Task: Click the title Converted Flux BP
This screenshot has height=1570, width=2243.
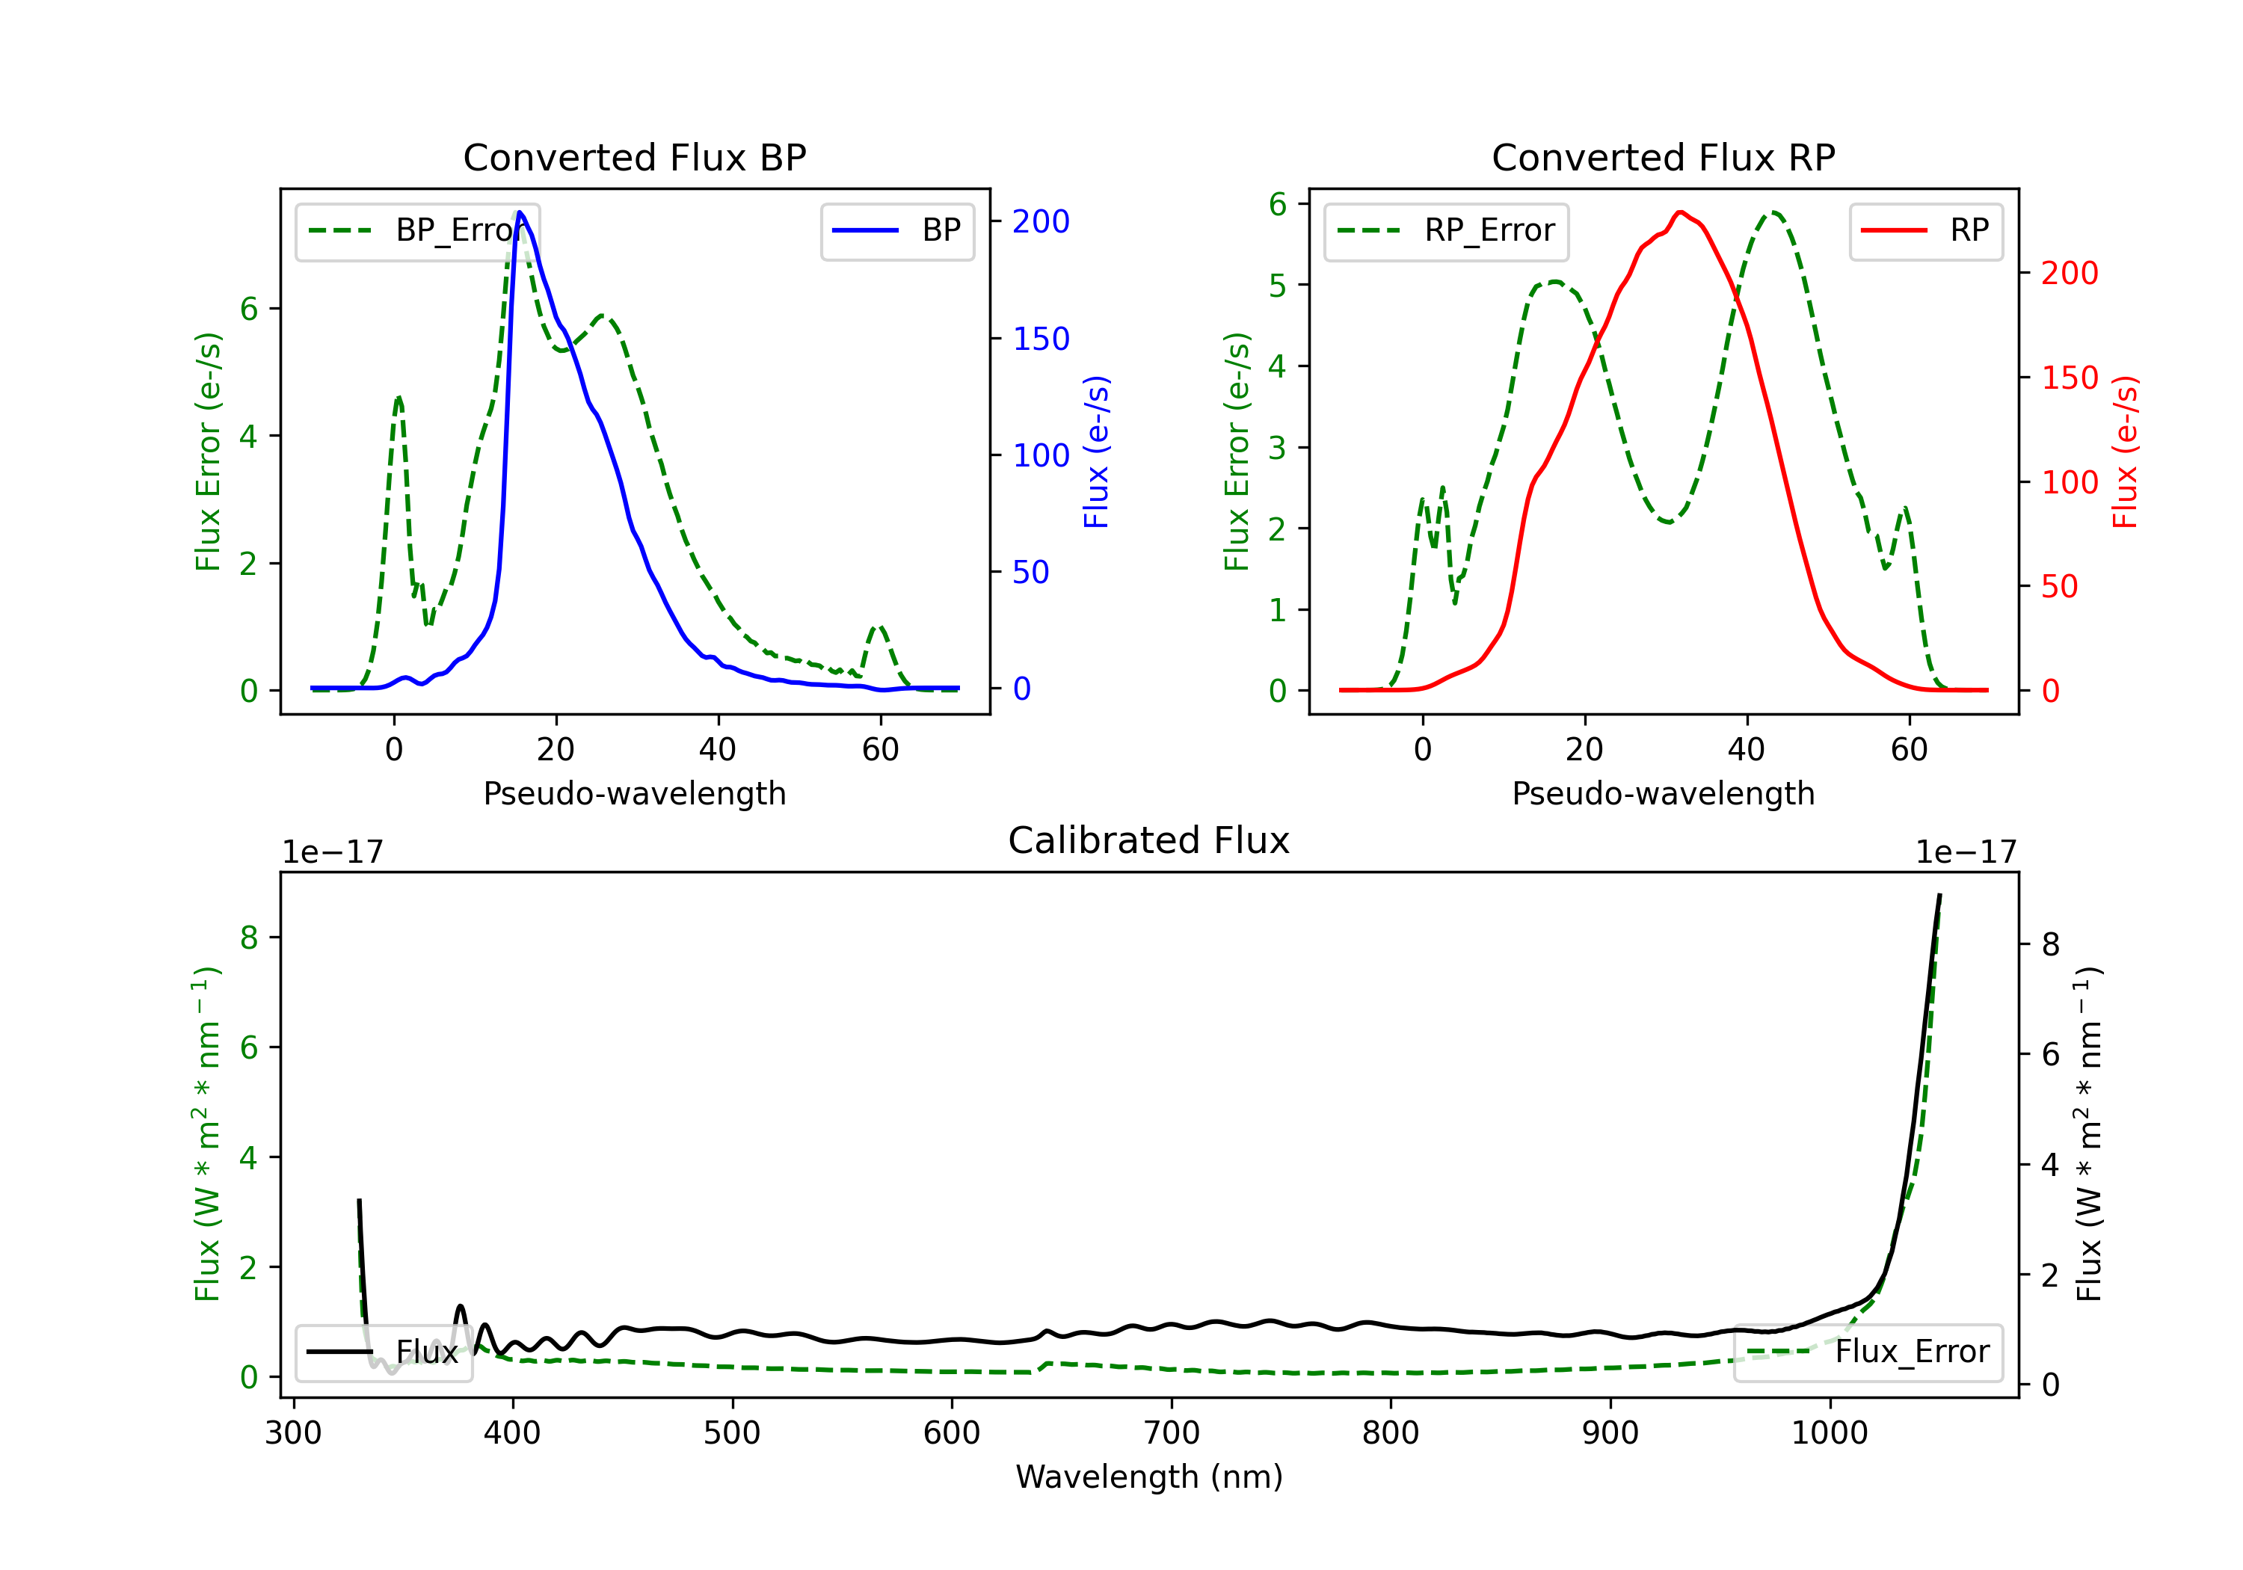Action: (634, 157)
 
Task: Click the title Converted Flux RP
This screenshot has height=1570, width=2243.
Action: (1663, 157)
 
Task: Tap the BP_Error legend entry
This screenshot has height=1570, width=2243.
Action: (418, 230)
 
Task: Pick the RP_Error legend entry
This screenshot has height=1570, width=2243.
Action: (1447, 230)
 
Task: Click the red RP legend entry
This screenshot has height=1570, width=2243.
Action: (1925, 230)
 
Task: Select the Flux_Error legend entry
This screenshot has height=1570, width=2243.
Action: (1868, 1352)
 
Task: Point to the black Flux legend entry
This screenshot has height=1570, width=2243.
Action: (384, 1352)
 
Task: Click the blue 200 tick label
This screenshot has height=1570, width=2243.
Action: (1041, 222)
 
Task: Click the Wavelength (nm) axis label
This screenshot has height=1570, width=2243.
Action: (1149, 1477)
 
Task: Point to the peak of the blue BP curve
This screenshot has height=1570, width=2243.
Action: (520, 213)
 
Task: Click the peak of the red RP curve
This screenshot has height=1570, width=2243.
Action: (1680, 212)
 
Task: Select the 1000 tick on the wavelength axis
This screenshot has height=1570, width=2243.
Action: (1829, 1433)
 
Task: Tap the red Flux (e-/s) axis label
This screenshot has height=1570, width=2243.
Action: (2124, 452)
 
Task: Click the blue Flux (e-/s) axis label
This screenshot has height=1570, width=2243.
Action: (1096, 452)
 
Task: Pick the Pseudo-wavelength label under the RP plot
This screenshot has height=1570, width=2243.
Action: (1663, 793)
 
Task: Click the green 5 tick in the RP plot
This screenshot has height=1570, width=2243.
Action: (1277, 286)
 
